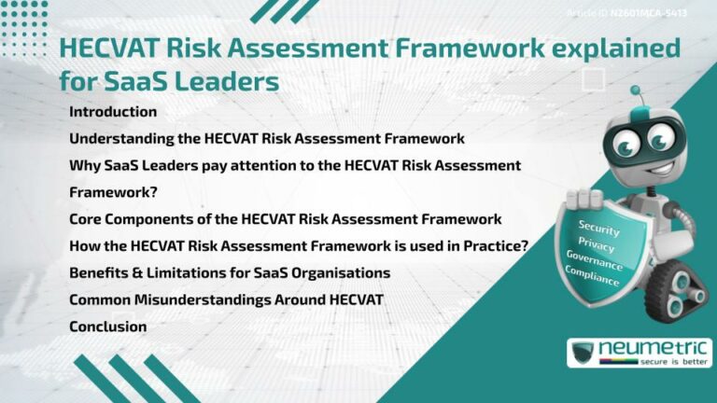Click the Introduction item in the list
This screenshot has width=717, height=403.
pyautogui.click(x=112, y=112)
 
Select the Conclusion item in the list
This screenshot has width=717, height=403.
pyautogui.click(x=107, y=327)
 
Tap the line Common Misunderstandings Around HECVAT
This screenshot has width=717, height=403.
pyautogui.click(x=226, y=299)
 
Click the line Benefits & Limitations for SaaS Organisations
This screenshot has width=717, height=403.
pyautogui.click(x=229, y=272)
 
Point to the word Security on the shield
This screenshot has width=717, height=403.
pyautogui.click(x=598, y=226)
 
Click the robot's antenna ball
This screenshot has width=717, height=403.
pyautogui.click(x=636, y=91)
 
